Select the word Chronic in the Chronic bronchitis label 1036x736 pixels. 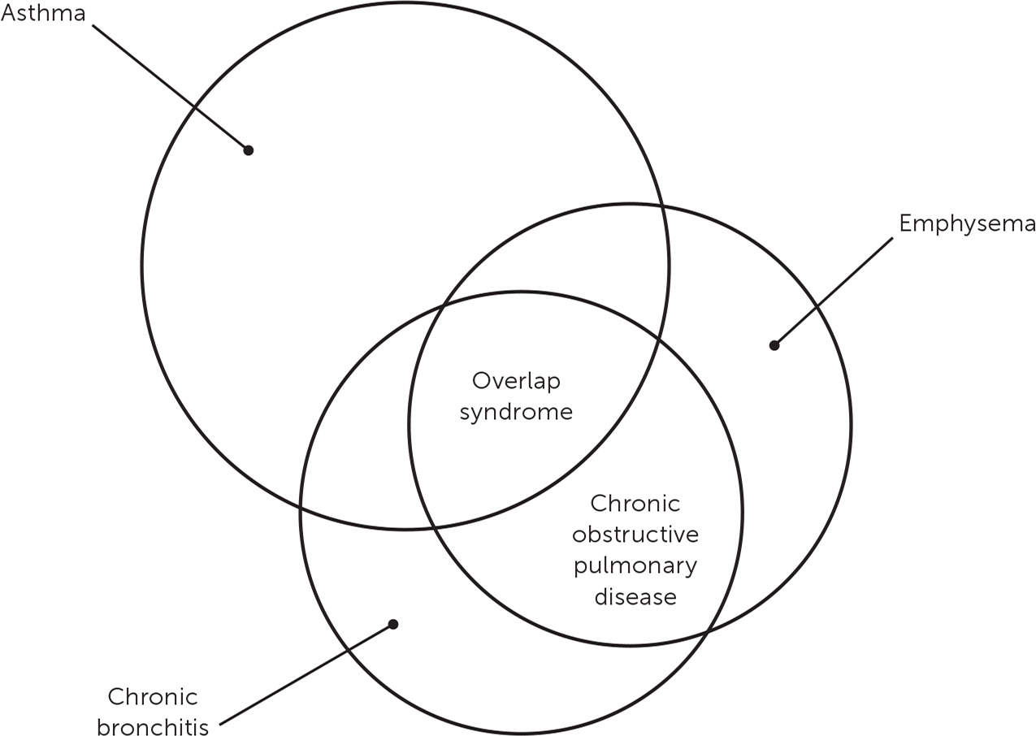click(x=153, y=697)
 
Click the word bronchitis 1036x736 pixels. click(x=153, y=725)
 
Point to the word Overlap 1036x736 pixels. click(x=517, y=381)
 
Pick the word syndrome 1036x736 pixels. click(x=517, y=412)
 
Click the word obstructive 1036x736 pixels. click(x=635, y=535)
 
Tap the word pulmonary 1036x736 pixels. click(x=635, y=566)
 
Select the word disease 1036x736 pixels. click(x=635, y=597)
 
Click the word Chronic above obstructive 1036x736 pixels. click(x=635, y=504)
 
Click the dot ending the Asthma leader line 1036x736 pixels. click(x=249, y=150)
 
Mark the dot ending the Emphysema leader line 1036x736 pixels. click(x=774, y=345)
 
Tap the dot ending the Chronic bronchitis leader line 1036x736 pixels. click(x=393, y=624)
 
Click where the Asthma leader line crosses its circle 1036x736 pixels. click(x=195, y=107)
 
